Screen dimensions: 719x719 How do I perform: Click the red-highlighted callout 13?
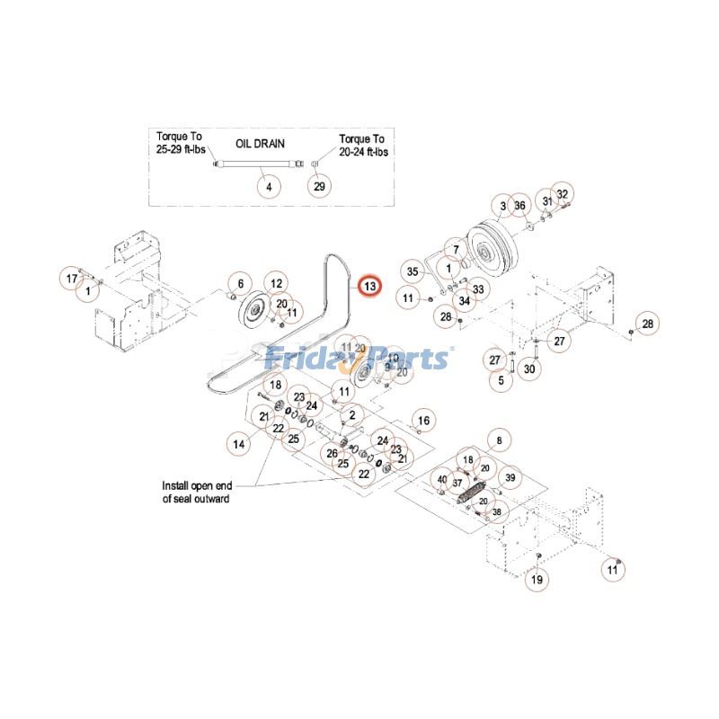click(370, 286)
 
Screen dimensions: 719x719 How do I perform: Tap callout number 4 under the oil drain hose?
click(267, 186)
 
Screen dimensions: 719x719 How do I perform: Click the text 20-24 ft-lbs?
click(362, 151)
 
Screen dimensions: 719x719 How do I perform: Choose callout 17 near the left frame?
click(72, 279)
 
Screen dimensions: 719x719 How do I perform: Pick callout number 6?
click(241, 284)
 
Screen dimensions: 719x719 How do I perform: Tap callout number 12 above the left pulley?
click(274, 284)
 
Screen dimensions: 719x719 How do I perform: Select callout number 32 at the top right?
click(563, 194)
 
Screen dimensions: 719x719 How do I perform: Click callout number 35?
click(413, 271)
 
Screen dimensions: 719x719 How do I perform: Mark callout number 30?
click(529, 368)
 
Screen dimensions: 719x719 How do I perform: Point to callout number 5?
click(495, 380)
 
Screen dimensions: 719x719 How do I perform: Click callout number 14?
click(238, 443)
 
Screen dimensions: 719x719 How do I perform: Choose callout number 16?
click(424, 420)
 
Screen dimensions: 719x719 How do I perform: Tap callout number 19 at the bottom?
click(537, 581)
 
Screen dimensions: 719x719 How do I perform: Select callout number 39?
click(510, 476)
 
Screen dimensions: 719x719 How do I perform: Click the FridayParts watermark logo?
click(359, 359)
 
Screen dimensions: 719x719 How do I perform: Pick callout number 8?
click(499, 439)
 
